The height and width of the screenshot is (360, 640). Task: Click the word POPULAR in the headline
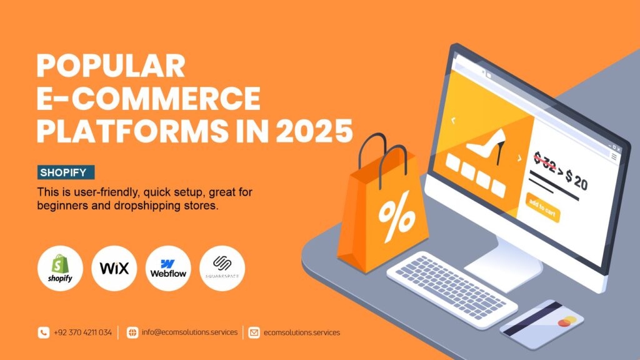pyautogui.click(x=111, y=66)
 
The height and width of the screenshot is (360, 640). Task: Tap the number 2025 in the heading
pyautogui.click(x=314, y=131)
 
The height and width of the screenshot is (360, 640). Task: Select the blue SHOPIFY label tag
pyautogui.click(x=66, y=172)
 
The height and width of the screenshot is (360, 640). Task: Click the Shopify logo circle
pyautogui.click(x=60, y=268)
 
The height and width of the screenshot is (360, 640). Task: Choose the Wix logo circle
pyautogui.click(x=114, y=268)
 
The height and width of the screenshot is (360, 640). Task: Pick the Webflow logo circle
pyautogui.click(x=168, y=268)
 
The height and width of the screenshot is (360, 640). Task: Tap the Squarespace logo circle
pyautogui.click(x=222, y=268)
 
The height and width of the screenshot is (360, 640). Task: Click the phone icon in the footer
pyautogui.click(x=44, y=332)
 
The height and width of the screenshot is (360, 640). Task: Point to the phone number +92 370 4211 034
pyautogui.click(x=83, y=332)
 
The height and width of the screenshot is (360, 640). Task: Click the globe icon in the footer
pyautogui.click(x=132, y=332)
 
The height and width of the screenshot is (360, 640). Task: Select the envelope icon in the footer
pyautogui.click(x=254, y=332)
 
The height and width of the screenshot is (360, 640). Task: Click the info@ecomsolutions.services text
pyautogui.click(x=190, y=332)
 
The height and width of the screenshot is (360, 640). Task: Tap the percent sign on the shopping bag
pyautogui.click(x=397, y=216)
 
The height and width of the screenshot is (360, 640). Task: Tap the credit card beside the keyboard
pyautogui.click(x=542, y=324)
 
